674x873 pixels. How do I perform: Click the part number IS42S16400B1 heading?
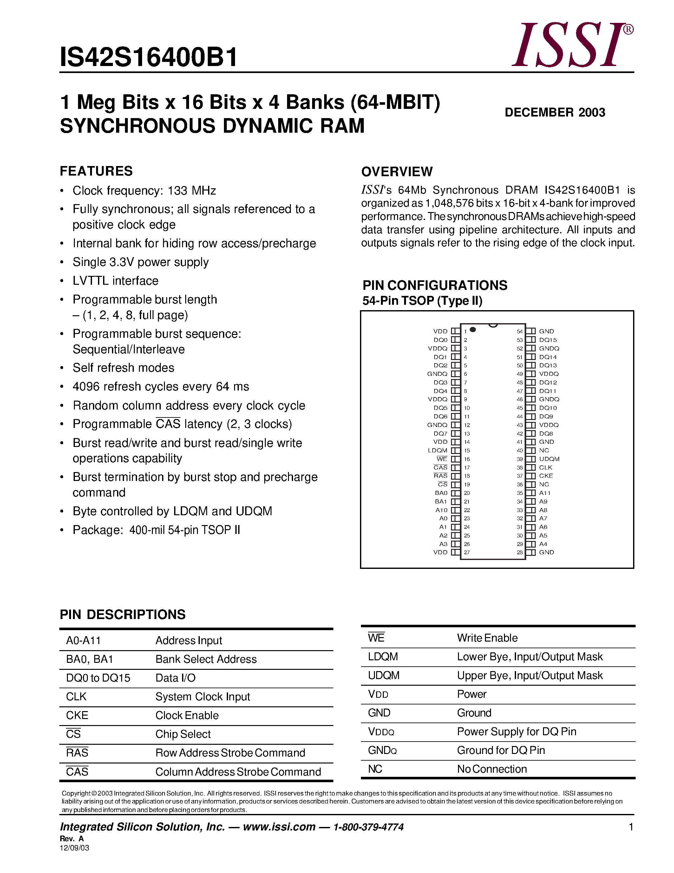[148, 57]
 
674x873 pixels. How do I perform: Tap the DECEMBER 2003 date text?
[555, 112]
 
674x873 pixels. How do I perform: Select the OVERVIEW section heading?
[396, 171]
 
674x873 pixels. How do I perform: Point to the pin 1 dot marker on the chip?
[473, 330]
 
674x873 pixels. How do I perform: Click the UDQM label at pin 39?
[549, 459]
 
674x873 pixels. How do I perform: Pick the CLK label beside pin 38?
[546, 467]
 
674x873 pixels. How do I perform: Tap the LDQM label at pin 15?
[438, 450]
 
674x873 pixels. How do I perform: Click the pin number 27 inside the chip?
[467, 552]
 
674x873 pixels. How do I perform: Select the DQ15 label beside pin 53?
[548, 340]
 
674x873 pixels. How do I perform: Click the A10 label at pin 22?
[441, 510]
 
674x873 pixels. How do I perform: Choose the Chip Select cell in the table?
[183, 734]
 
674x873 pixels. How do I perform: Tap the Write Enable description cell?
[487, 638]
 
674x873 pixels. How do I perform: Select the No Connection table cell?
[492, 769]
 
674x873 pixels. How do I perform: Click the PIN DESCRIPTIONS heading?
[122, 614]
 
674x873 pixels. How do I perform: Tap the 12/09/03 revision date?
[74, 848]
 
